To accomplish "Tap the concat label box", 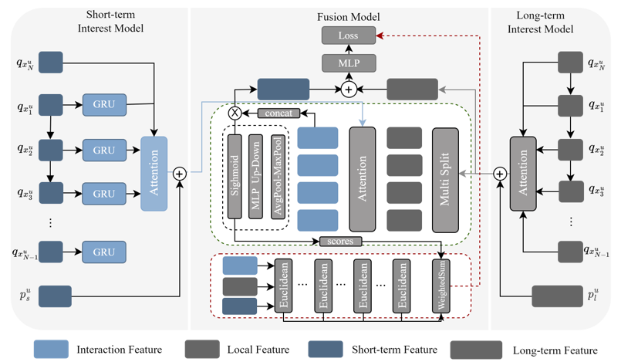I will (x=277, y=113).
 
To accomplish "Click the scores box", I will (x=340, y=242).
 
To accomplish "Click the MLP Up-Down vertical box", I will (x=256, y=177).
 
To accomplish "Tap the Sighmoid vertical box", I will (x=235, y=177).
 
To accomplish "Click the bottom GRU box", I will (x=103, y=252).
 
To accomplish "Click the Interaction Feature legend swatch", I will (x=49, y=350).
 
